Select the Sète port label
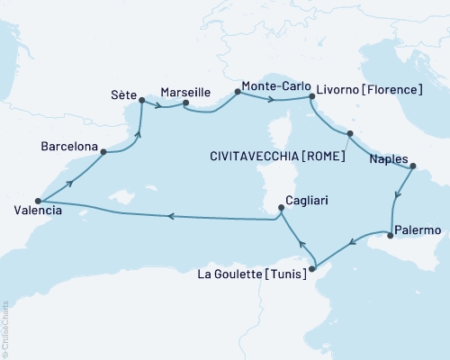point(123,93)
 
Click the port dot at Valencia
point(38,201)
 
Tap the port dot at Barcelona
point(104,152)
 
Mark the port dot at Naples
point(412,166)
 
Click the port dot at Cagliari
point(281,208)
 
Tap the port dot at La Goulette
point(312,267)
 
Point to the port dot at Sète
point(142,101)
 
